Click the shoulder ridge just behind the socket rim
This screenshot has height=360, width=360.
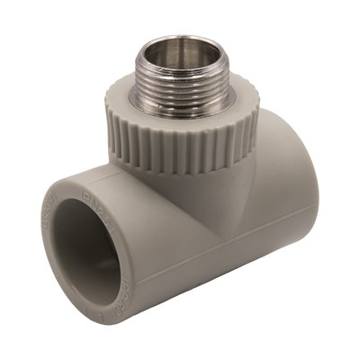(135, 216)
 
